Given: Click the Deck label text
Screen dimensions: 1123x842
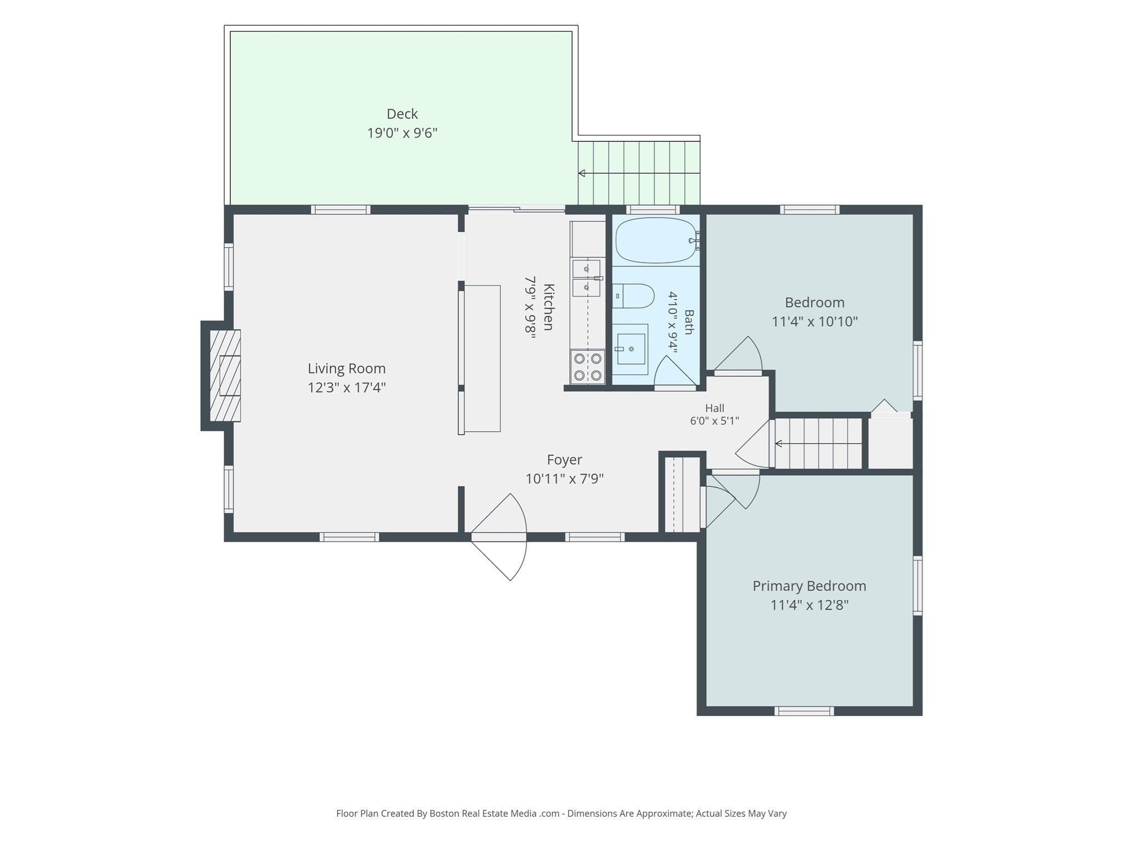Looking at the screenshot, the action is (x=402, y=114).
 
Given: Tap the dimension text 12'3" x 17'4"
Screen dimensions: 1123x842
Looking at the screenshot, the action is (x=347, y=388).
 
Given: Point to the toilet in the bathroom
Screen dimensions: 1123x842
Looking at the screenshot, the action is (x=633, y=297).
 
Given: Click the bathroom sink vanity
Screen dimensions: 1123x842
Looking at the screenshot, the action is (x=630, y=349).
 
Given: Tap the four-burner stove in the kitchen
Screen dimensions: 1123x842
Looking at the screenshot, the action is (x=587, y=367).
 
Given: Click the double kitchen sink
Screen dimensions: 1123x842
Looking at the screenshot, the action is (x=586, y=278).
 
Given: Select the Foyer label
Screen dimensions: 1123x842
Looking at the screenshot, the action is (x=564, y=459).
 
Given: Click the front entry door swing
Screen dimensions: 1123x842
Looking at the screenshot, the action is (x=499, y=537).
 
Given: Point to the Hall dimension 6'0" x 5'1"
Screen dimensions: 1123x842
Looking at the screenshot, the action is (x=714, y=421).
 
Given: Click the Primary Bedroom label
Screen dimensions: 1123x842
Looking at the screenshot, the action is (x=809, y=586).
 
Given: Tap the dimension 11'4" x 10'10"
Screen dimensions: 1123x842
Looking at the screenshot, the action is (x=815, y=321).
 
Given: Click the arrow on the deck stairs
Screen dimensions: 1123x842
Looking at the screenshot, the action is (x=639, y=173).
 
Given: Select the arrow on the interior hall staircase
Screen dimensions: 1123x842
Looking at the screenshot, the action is (x=818, y=443).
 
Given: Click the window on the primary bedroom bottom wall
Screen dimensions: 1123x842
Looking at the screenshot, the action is (x=804, y=711).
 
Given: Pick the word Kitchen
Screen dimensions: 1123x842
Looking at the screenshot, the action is (x=548, y=307).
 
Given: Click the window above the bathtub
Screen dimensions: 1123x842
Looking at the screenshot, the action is (x=653, y=209).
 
